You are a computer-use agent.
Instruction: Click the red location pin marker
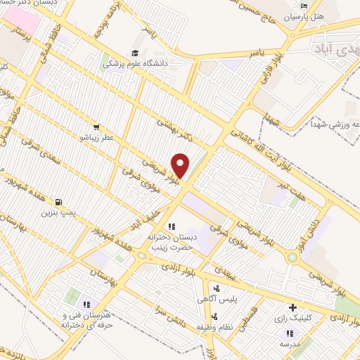(181, 166)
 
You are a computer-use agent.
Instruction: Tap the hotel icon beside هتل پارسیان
(304, 6)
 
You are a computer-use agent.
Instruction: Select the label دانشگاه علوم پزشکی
(134, 63)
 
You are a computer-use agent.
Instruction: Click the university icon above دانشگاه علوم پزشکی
(134, 53)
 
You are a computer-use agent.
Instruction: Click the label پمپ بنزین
(57, 211)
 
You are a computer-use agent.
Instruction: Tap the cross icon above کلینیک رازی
(292, 308)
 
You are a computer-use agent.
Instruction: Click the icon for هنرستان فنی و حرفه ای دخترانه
(87, 304)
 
